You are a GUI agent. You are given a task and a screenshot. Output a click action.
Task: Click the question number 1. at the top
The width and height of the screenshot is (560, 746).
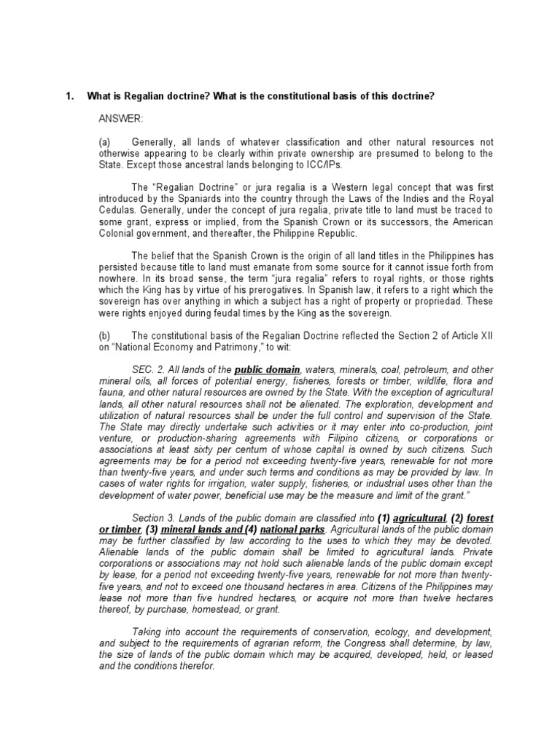(x=70, y=96)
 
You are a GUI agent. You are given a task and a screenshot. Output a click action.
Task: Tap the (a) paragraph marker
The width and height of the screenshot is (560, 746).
(x=104, y=142)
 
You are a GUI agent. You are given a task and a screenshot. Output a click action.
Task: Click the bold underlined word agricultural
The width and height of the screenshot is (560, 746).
(x=418, y=519)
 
